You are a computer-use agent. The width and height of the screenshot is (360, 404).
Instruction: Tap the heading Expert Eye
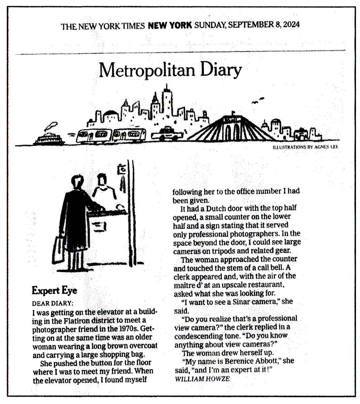[54, 290]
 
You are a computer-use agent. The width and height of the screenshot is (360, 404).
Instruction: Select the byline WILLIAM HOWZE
[203, 378]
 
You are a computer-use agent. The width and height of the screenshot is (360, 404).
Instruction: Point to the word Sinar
[241, 302]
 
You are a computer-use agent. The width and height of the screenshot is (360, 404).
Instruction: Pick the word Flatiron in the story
[78, 321]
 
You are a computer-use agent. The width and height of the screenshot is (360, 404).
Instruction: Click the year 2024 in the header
[291, 25]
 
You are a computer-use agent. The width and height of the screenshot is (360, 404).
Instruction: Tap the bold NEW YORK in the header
[170, 25]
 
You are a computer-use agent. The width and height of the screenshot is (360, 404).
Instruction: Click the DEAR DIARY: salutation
[52, 303]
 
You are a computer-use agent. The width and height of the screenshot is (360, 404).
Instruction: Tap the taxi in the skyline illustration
[167, 134]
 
